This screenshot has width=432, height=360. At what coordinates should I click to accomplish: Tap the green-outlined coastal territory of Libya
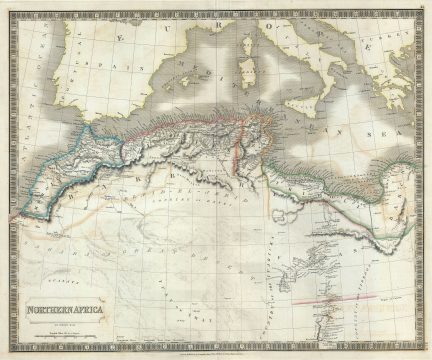[x=330, y=160]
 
